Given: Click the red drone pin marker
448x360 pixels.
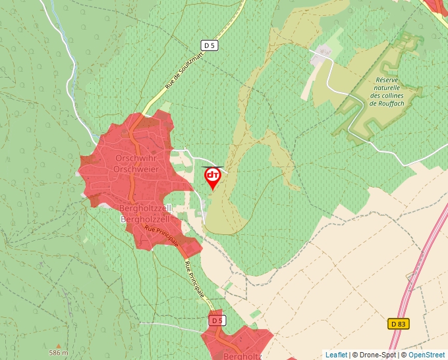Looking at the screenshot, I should click(213, 176).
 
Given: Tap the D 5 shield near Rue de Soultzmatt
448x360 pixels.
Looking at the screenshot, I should click(210, 45).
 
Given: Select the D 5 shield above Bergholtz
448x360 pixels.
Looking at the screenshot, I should click(217, 321).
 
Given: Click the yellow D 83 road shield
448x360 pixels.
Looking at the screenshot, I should click(398, 324).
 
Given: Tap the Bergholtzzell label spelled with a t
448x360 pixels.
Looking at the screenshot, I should click(146, 208).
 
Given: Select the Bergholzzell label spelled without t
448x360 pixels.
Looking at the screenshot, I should click(146, 218).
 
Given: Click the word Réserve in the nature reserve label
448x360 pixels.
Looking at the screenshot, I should click(385, 80).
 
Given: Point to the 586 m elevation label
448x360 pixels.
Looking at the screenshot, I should click(59, 353).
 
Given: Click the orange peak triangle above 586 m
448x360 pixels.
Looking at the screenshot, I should click(59, 345).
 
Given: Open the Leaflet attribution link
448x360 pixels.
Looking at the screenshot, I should click(336, 355).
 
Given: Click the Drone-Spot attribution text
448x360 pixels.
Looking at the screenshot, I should click(375, 355).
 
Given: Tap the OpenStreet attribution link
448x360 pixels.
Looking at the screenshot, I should click(426, 355).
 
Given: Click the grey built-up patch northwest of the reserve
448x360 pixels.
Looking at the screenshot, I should click(323, 55).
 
